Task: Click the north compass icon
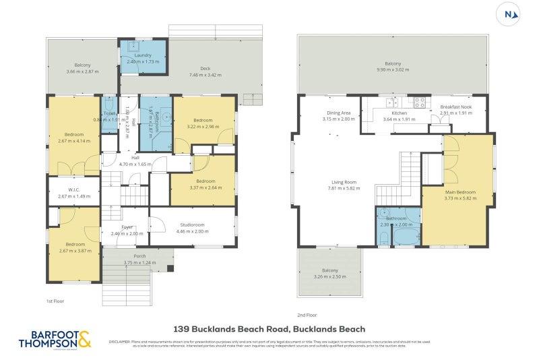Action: click(509, 13)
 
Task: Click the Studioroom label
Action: click(192, 224)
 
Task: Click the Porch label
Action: click(139, 256)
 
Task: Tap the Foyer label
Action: click(127, 227)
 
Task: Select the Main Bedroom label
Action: click(460, 192)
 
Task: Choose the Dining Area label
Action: click(338, 113)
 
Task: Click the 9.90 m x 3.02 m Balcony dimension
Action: click(393, 69)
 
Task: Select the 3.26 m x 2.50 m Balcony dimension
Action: click(329, 276)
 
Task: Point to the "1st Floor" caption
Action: click(55, 301)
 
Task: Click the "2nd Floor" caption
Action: click(306, 314)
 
